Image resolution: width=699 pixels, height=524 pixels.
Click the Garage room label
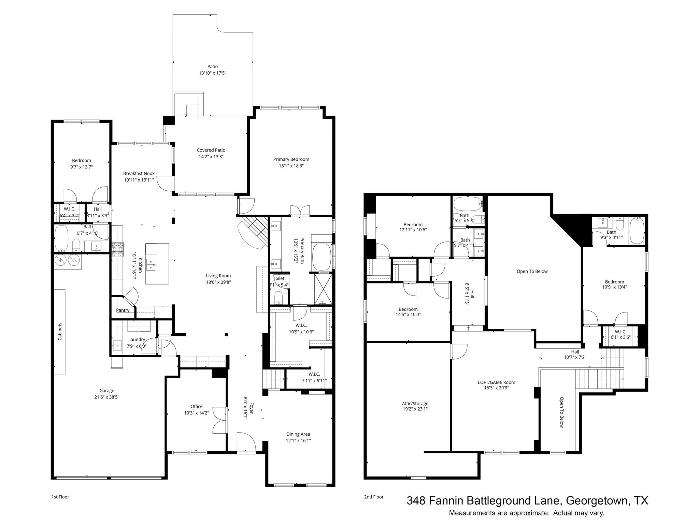(x=107, y=391)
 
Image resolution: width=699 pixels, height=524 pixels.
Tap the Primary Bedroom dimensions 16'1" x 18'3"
(x=291, y=166)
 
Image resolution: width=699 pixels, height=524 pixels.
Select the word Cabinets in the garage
(x=60, y=331)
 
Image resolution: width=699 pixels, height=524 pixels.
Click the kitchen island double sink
(x=151, y=264)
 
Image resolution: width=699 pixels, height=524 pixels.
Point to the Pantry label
(x=123, y=310)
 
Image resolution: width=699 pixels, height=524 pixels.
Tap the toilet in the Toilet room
(x=279, y=296)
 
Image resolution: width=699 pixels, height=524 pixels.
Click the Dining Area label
(x=298, y=434)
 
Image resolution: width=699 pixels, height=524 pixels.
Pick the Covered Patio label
(x=211, y=150)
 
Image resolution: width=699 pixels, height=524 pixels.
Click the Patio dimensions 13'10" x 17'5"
(x=213, y=73)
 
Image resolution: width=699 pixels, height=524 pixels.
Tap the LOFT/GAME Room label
(x=496, y=382)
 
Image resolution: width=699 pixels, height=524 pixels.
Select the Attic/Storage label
(x=415, y=404)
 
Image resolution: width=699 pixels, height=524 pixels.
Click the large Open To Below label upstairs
(x=532, y=271)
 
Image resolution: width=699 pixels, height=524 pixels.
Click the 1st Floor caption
(x=60, y=497)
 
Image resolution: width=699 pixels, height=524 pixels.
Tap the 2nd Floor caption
(x=373, y=497)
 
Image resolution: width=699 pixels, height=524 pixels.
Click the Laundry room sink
(x=117, y=346)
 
